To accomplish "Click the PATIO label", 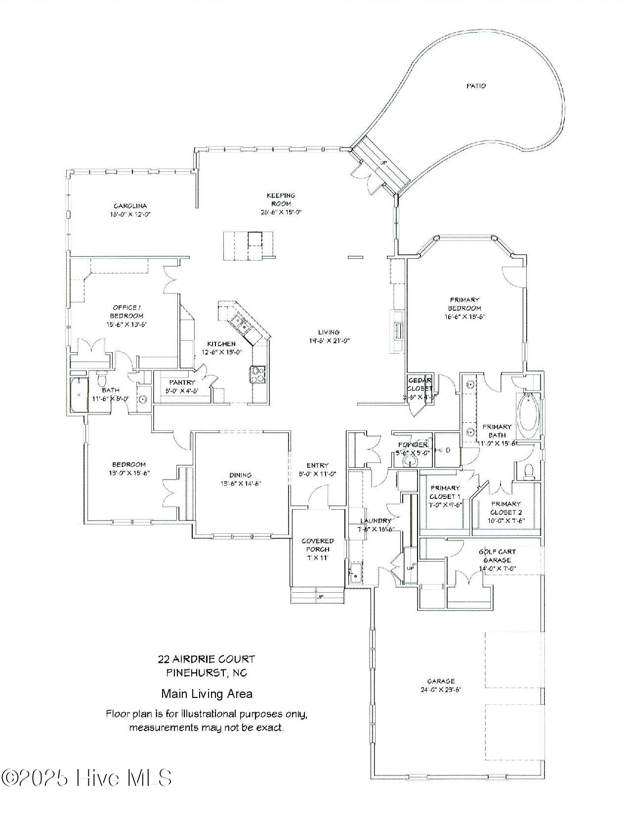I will pyautogui.click(x=476, y=86).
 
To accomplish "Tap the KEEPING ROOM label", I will pyautogui.click(x=281, y=199).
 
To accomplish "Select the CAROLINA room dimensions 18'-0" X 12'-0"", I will pyautogui.click(x=130, y=214).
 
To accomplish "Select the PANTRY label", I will pyautogui.click(x=182, y=382).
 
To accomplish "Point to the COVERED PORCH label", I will pyautogui.click(x=317, y=545).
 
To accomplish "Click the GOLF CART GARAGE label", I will pyautogui.click(x=497, y=556).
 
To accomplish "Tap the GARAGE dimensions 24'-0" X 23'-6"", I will pyautogui.click(x=441, y=690).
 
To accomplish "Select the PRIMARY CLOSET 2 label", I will pyautogui.click(x=505, y=508).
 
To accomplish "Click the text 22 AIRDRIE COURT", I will pyautogui.click(x=206, y=659).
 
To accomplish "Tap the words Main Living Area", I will pyautogui.click(x=207, y=694).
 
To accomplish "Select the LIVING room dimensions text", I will pyautogui.click(x=328, y=340).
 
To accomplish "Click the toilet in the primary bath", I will pyautogui.click(x=528, y=472).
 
